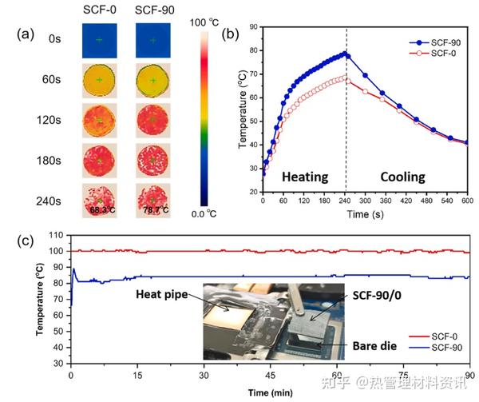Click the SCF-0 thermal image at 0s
[99, 39]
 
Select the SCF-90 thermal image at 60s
[152, 80]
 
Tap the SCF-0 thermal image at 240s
[99, 201]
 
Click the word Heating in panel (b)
[306, 176]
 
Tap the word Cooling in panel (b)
[391, 176]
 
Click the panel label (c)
[25, 241]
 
